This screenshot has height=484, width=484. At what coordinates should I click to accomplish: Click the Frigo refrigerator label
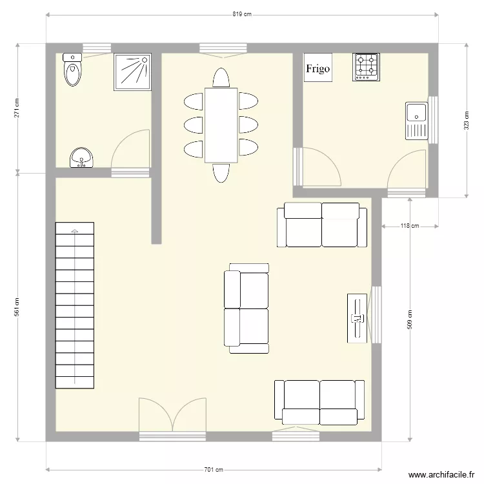pos(318,68)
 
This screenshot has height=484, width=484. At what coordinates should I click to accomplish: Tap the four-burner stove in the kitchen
pos(366,66)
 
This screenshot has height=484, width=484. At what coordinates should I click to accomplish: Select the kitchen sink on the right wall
pos(416,120)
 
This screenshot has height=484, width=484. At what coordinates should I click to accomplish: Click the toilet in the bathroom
pos(72,70)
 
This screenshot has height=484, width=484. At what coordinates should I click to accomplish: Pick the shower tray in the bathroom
pos(132,71)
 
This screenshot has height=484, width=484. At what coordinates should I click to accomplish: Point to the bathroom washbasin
pos(82,157)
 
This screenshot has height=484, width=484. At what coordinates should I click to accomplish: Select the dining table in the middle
pos(221,125)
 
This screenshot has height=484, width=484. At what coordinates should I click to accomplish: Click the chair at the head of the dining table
pos(221,78)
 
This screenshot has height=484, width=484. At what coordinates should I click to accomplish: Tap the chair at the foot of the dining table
pos(221,172)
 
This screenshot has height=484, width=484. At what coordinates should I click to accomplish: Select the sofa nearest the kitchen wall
pos(321,225)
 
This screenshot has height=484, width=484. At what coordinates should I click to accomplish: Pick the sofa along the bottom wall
pos(319,403)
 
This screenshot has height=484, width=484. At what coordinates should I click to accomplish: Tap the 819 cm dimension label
pos(241,14)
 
